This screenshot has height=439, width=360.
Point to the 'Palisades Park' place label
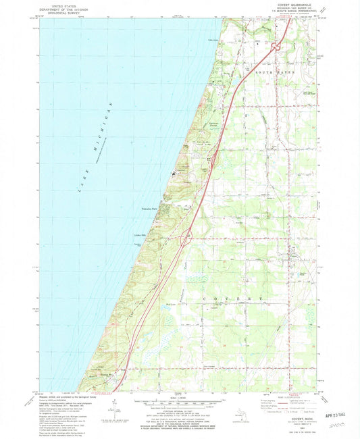point(150,209)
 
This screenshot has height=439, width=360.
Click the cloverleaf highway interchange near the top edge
point(276,47)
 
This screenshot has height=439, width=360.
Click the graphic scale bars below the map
point(180,404)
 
